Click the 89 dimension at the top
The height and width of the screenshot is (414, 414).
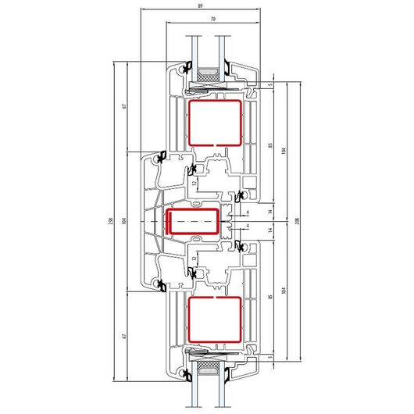click(x=200, y=5)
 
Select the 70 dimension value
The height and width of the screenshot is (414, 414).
click(x=213, y=19)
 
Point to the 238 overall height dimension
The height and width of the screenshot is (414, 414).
click(x=111, y=221)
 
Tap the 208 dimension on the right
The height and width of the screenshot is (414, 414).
click(x=298, y=221)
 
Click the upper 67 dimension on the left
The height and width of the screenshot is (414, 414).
click(x=124, y=106)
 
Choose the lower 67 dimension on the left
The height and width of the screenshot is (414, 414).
click(x=124, y=336)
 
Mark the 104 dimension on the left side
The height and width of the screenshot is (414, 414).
click(x=124, y=221)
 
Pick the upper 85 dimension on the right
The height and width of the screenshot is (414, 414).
click(x=269, y=145)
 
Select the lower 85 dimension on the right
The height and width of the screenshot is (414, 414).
click(x=269, y=297)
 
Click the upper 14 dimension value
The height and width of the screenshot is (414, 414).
click(x=269, y=211)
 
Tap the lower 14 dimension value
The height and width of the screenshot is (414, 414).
click(x=269, y=230)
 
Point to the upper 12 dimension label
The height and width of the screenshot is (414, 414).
click(x=195, y=183)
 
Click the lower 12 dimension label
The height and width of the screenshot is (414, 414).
click(x=195, y=259)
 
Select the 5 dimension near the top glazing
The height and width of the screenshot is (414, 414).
click(x=269, y=85)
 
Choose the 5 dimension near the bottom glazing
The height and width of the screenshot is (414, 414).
click(x=269, y=357)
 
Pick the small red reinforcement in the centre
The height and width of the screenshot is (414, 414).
click(x=193, y=209)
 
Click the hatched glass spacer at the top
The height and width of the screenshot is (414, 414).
click(x=209, y=77)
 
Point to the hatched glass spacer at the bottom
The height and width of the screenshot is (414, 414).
click(x=209, y=365)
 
